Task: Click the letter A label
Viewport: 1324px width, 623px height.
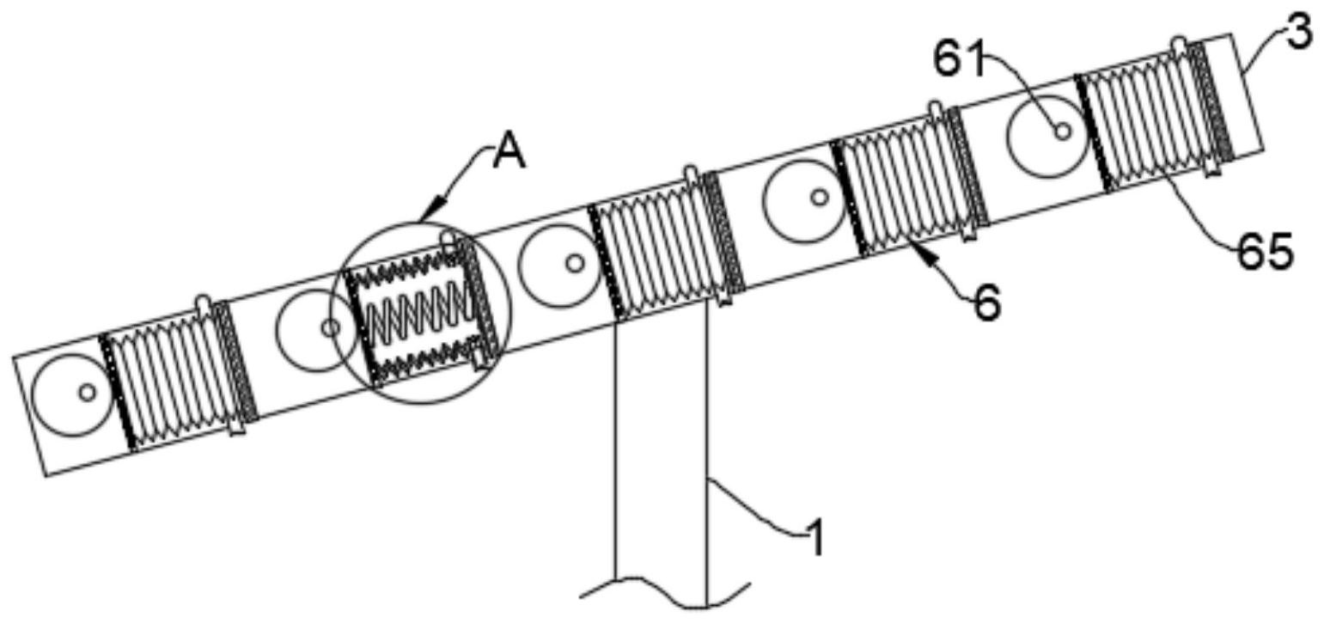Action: click(509, 154)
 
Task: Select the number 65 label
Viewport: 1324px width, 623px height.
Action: click(1265, 253)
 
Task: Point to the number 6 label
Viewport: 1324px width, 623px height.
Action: click(988, 303)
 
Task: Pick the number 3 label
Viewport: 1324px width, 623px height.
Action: click(1300, 33)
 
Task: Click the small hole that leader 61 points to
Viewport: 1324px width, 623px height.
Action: click(1062, 131)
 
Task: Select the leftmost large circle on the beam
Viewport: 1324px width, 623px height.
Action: click(72, 394)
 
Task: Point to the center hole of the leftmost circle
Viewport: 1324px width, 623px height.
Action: click(87, 392)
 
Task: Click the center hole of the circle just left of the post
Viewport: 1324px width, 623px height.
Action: click(575, 263)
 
